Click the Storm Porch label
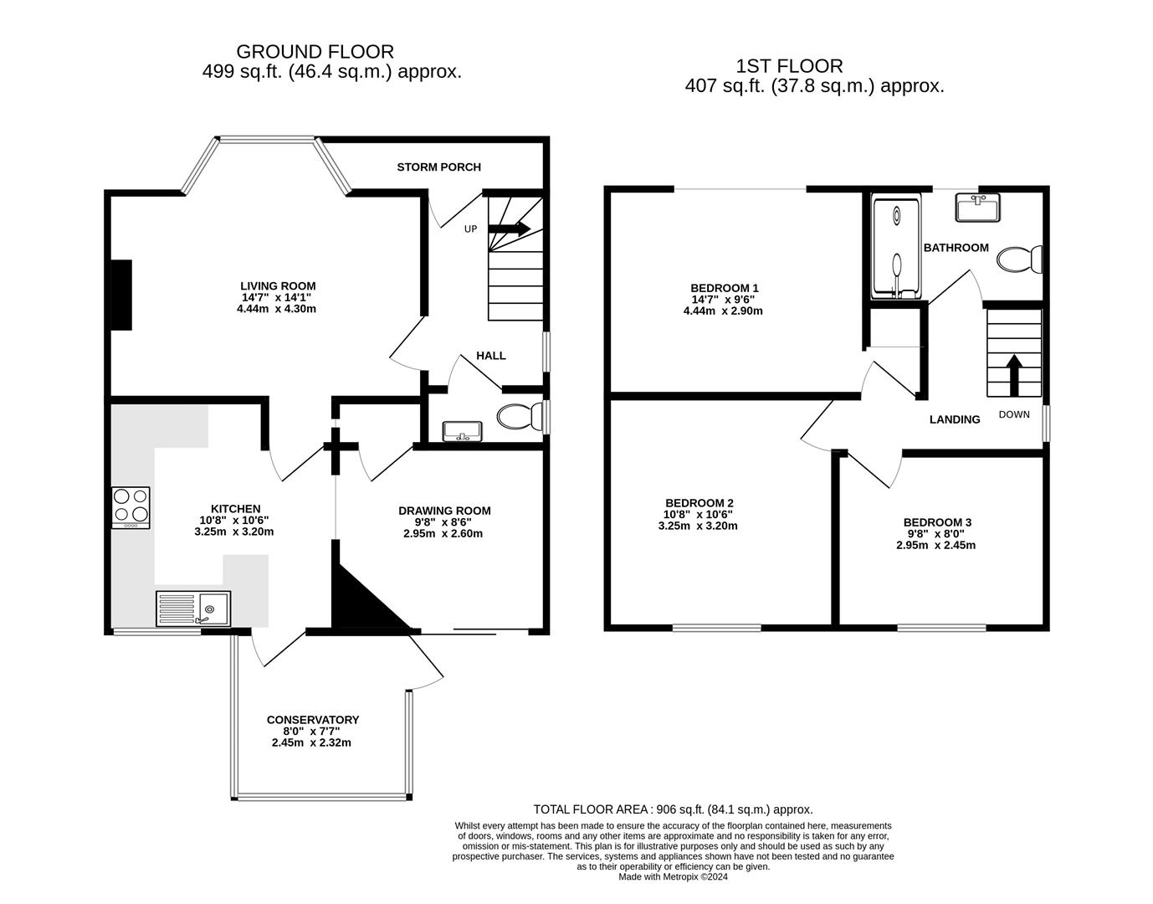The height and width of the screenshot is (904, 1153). [438, 167]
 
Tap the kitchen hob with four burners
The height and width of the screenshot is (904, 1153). [131, 507]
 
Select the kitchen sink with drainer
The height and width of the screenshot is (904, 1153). [193, 609]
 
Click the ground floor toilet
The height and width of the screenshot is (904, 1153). [519, 416]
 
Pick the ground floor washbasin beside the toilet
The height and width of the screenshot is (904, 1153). [461, 430]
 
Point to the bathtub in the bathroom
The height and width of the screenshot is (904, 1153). [896, 246]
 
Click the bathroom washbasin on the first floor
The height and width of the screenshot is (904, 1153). [978, 208]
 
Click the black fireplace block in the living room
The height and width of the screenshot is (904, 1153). [122, 295]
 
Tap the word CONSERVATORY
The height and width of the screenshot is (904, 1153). [313, 720]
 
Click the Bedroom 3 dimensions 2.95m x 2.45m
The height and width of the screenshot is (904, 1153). [937, 545]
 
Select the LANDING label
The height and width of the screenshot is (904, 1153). [955, 419]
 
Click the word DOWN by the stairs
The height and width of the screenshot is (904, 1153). [1014, 414]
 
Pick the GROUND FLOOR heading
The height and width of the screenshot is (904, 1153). [315, 52]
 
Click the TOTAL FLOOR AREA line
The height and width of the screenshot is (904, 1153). [673, 809]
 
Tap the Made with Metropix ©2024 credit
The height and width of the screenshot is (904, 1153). [673, 876]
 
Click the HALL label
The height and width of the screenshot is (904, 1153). [491, 356]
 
